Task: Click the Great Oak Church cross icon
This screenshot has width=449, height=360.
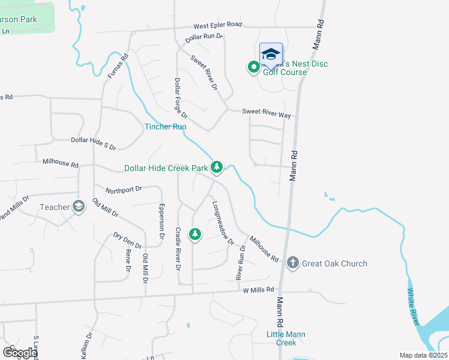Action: (x=292, y=263)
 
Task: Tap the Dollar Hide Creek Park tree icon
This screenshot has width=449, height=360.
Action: (x=217, y=167)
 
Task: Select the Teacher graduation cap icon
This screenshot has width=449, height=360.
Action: (x=78, y=207)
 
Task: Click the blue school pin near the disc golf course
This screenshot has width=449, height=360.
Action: (x=271, y=55)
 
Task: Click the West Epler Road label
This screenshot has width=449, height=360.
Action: (x=217, y=25)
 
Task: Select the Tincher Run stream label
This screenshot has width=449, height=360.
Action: (x=165, y=127)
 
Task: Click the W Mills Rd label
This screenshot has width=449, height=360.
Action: (x=258, y=290)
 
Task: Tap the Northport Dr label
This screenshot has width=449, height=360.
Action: (x=124, y=189)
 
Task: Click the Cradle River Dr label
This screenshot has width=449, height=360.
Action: (x=178, y=248)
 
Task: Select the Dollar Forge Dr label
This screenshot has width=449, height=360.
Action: (x=181, y=97)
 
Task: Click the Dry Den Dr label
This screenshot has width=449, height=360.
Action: (x=127, y=241)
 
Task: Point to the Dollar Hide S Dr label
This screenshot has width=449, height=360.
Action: (x=93, y=142)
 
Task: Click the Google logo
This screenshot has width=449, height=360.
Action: (x=20, y=353)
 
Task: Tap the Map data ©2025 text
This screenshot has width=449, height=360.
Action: (x=423, y=355)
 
